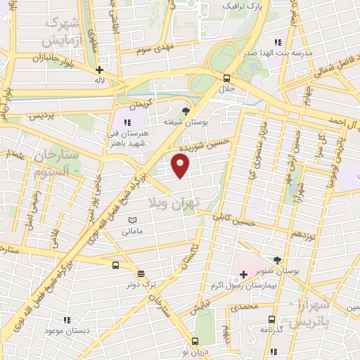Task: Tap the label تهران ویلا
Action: tap(174, 202)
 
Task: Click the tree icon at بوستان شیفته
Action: tap(186, 110)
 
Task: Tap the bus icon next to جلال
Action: tap(226, 78)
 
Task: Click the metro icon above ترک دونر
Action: tap(140, 274)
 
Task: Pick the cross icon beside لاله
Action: tap(100, 70)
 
